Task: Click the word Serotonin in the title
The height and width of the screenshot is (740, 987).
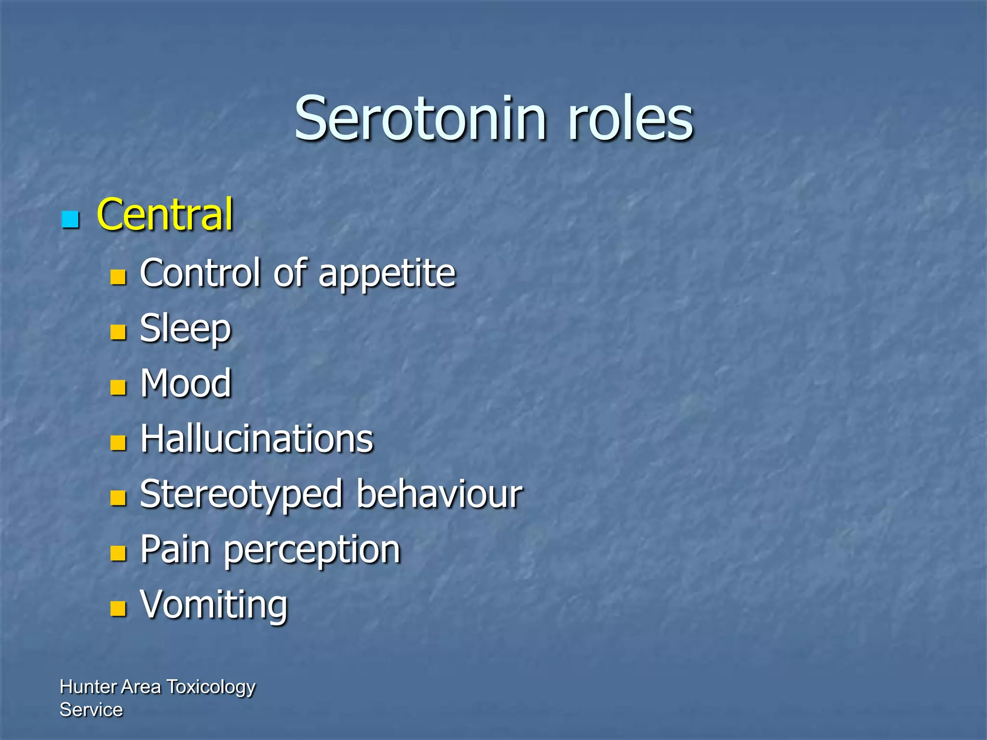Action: point(420,119)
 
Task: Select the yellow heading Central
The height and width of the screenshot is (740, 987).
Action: point(165,215)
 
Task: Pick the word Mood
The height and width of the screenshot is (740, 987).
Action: point(186,383)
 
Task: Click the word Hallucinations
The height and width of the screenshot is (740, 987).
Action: point(256,439)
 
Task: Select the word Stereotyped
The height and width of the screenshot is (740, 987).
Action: point(241,495)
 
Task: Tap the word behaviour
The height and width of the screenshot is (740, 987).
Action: point(440,494)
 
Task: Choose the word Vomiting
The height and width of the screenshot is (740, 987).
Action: point(214,605)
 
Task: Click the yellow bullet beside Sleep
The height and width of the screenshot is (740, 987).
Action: point(118,332)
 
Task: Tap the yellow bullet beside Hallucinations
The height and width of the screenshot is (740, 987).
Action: point(118,442)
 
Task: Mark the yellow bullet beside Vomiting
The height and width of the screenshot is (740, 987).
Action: point(118,608)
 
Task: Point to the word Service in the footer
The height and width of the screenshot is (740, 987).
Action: point(91,710)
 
